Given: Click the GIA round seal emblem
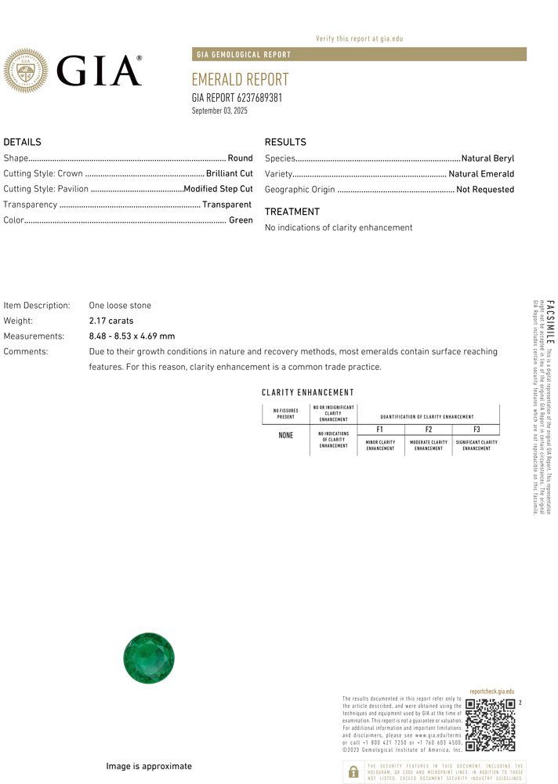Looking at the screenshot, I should (26, 71).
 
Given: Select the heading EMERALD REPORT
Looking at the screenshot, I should (240, 80).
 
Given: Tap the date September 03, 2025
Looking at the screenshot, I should (219, 111).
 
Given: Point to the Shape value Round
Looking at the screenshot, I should (240, 158).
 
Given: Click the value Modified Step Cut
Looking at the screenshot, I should (218, 189).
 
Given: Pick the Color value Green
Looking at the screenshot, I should (241, 220).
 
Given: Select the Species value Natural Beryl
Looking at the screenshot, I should (487, 158).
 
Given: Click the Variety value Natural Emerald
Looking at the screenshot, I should (481, 174).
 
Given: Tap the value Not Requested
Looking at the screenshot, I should (485, 190).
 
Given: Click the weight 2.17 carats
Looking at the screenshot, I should (111, 321).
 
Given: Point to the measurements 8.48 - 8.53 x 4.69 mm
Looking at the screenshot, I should (132, 336).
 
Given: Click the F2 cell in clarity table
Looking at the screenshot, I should (429, 430).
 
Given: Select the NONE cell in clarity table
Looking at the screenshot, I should (286, 435).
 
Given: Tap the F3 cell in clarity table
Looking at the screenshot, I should (476, 430).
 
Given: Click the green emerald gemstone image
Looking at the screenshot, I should (149, 658).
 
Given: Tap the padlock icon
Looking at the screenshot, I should (353, 771).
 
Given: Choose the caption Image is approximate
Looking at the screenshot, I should (149, 766).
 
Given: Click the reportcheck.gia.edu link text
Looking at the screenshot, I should (492, 691).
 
